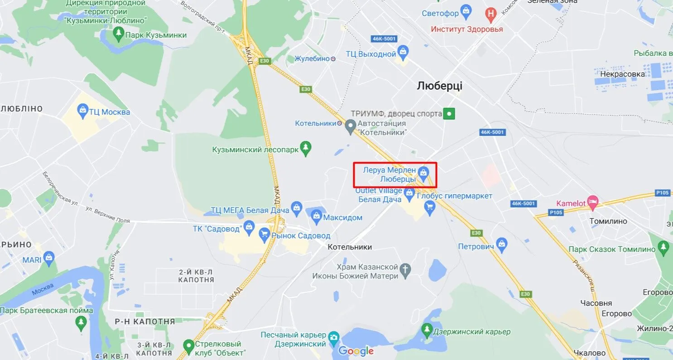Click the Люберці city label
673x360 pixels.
point(439,86)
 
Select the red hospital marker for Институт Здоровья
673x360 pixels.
point(490,14)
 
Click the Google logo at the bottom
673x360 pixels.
point(356,350)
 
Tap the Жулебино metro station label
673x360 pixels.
point(312,58)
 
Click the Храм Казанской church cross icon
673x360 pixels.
point(405,270)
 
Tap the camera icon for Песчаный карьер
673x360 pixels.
point(334,337)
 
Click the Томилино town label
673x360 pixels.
point(608,221)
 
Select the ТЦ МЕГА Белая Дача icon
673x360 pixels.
point(297,207)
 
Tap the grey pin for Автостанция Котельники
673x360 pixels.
point(350,127)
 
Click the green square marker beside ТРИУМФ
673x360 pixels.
point(449,114)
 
